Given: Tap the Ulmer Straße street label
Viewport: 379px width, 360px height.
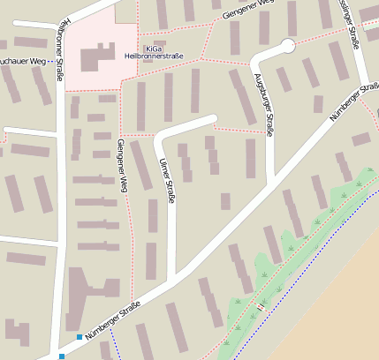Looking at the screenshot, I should [163, 180].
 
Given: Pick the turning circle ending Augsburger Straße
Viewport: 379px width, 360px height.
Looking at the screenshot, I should [287, 46].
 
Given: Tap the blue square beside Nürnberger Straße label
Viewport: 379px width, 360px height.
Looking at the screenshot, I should [80, 337].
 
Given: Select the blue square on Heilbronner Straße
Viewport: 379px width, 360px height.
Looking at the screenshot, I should [61, 356].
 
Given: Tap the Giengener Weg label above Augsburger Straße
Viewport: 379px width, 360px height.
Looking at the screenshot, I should [250, 11].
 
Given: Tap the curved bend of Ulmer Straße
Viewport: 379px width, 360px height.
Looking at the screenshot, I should [161, 137].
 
